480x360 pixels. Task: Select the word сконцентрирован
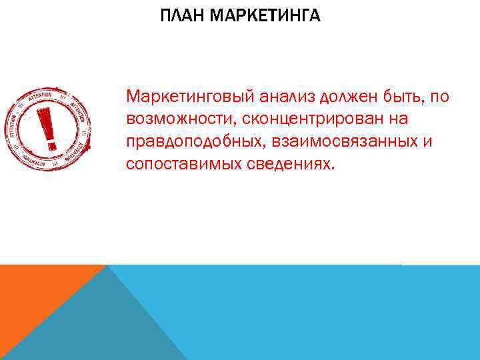point(311,119)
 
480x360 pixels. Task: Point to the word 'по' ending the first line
point(439,97)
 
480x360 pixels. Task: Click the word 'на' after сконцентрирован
point(399,119)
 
